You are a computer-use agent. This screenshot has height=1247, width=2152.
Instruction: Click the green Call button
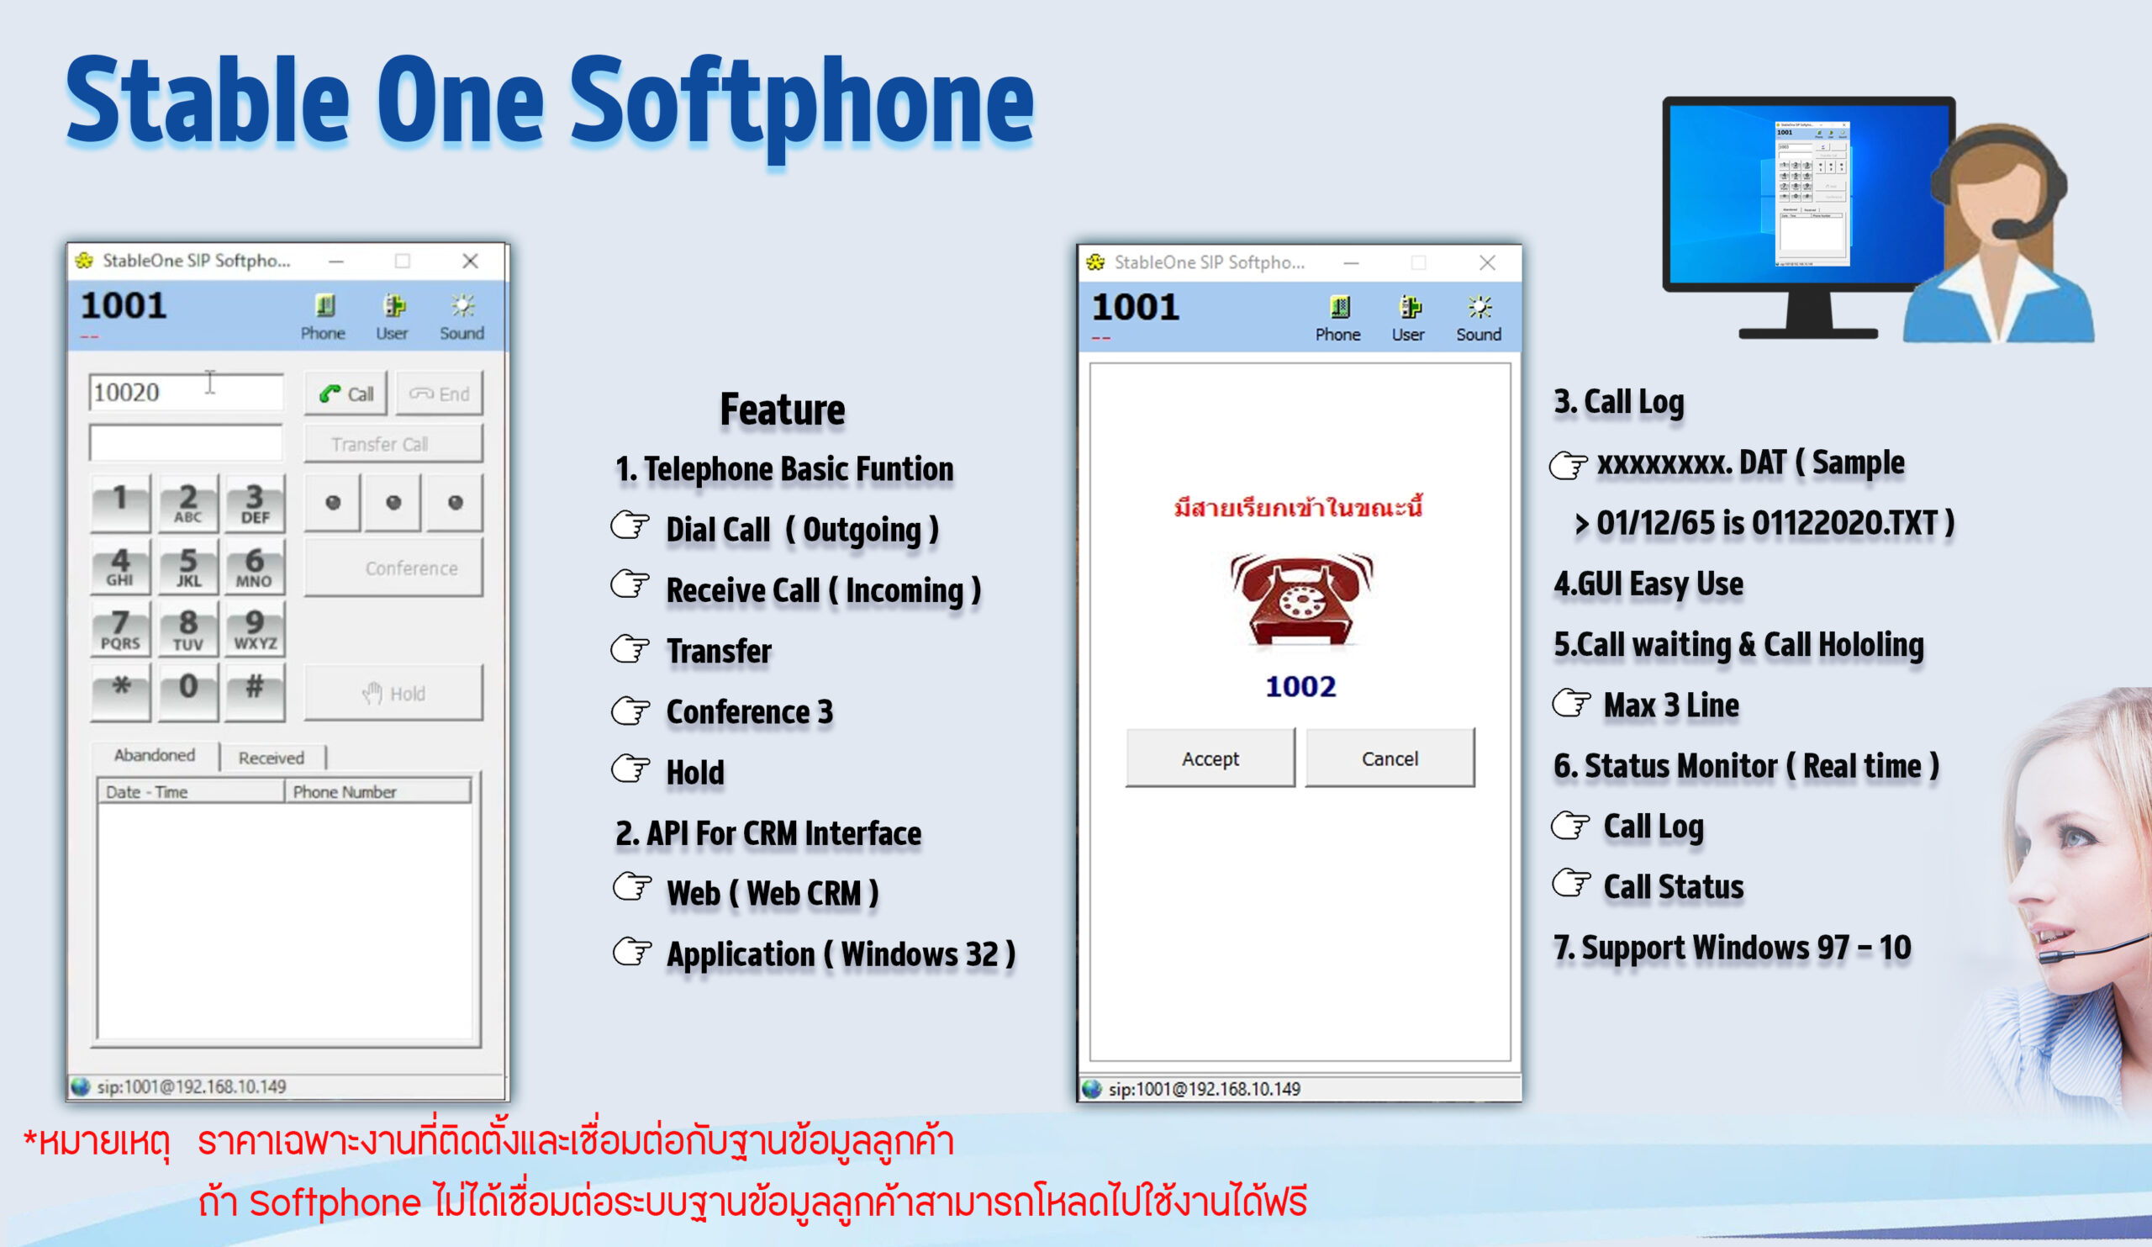[345, 393]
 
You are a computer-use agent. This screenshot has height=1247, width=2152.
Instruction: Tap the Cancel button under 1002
[1390, 758]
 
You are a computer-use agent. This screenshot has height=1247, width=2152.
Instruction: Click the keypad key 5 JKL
[187, 566]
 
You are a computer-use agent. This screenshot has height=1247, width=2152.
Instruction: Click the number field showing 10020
[186, 392]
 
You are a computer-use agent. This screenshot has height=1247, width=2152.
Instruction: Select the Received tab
[272, 758]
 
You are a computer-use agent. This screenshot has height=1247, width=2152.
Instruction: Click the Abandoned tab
[155, 755]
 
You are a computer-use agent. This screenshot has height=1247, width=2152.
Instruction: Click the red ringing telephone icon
[1300, 599]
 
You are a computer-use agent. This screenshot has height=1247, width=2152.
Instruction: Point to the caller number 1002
[1300, 687]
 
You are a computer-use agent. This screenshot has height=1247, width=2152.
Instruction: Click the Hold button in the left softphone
[393, 693]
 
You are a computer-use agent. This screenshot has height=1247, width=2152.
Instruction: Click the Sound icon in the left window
[462, 318]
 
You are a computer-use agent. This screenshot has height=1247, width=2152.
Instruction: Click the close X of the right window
[1487, 262]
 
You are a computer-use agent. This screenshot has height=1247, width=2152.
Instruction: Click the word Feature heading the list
[783, 410]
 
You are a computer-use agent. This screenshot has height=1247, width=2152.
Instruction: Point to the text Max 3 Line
[1671, 705]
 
